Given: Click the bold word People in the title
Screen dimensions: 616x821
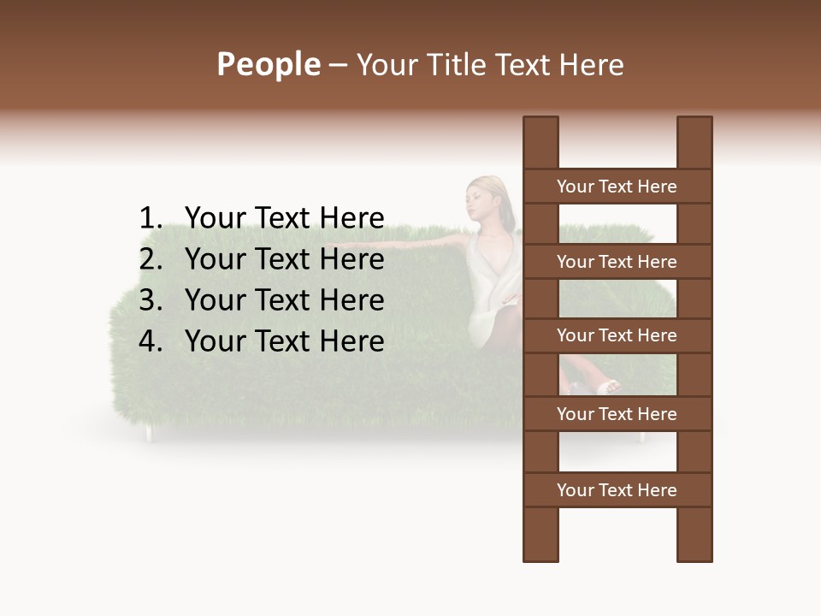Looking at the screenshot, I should [268, 64].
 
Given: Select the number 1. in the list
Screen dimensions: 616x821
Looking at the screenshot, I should [151, 218].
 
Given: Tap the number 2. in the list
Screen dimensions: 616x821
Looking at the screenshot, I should [151, 259].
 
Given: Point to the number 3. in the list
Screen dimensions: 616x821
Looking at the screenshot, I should [151, 300].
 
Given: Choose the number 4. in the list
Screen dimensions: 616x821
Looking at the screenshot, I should [151, 341].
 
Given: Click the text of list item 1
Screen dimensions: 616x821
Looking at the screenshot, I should [284, 218].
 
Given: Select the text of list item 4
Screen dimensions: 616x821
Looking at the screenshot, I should [284, 341].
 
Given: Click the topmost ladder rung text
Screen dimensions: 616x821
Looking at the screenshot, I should [617, 187].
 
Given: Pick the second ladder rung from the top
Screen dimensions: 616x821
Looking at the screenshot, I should [617, 262].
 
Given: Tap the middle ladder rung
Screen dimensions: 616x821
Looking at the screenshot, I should [617, 335].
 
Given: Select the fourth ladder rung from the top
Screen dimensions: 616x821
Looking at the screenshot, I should [617, 414].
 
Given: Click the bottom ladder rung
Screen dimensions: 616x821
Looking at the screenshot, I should [617, 490].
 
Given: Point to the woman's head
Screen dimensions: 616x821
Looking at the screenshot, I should [484, 195].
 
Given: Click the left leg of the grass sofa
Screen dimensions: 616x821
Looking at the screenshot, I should [149, 434].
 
